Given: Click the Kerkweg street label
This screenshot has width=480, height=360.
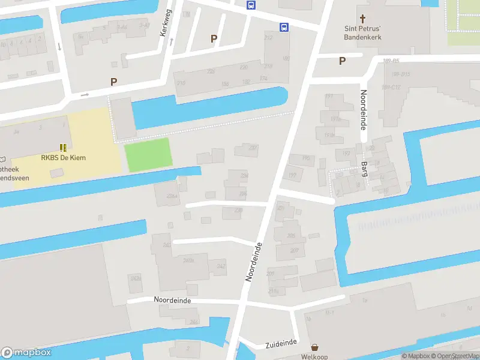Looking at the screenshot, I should coord(166,23).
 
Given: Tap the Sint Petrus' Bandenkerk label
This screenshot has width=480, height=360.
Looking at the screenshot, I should coord(362,32).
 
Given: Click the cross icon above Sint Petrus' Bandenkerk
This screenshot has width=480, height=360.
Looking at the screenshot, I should coord(362,19).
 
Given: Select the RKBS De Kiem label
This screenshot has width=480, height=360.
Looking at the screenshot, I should coord(63,158).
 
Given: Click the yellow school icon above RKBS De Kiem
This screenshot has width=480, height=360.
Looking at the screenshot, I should coord(62,147).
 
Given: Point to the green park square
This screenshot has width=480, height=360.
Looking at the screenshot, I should coord(148,154).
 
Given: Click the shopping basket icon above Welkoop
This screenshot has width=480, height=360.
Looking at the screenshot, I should coord(314,347).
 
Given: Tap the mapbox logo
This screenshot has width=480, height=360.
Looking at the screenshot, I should coord(26,353).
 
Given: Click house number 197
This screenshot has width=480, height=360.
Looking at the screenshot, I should coord(292,175).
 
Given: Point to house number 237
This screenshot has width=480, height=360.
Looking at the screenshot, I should coord(253,148).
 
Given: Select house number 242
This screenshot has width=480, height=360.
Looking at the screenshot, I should coord(221,266).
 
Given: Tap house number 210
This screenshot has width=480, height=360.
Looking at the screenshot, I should coord(181,83).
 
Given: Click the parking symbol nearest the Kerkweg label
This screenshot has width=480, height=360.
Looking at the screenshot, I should coord(213,38).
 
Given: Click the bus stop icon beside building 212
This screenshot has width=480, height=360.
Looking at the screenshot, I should coord(283,27).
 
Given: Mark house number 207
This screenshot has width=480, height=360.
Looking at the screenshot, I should coord(294,250).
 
